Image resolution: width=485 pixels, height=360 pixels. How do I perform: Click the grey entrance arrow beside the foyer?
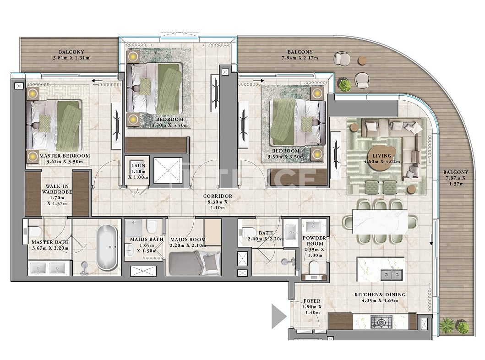tap(278, 316)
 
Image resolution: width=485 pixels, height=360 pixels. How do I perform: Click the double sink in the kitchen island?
tap(392, 275)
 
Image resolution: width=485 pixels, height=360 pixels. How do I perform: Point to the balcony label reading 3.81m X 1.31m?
tap(71, 55)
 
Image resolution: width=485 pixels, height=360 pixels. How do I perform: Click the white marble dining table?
tap(380, 222)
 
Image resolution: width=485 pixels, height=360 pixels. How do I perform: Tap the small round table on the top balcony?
tap(362, 60)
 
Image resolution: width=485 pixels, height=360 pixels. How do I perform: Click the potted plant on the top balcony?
tap(344, 85)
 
